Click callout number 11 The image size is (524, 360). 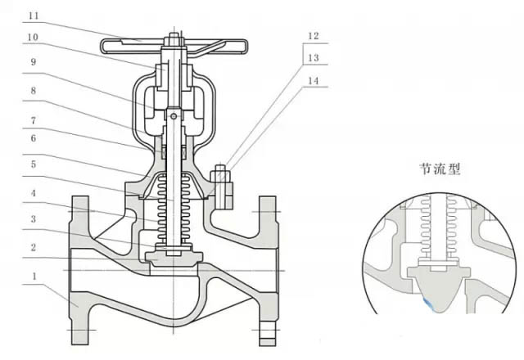pos(34,16)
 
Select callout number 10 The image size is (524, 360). pos(33,37)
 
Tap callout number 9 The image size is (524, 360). pos(33,62)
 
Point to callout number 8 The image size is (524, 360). pos(33,91)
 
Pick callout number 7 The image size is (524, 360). pos(33,120)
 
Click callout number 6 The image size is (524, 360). pos(33,138)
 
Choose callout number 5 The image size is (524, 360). pos(33,164)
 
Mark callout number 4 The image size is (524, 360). pos(33,193)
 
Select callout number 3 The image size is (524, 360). pos(33,219)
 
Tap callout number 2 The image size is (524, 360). pos(33,247)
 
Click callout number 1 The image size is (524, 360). pos(34,277)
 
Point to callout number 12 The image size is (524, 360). pos(314,36)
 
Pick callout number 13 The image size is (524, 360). pos(314,58)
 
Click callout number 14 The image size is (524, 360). pos(314,81)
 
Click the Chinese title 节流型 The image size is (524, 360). pos(440,169)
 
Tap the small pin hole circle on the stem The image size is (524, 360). pos(174,116)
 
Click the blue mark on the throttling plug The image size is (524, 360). pos(428,304)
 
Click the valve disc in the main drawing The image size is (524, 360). pos(174,259)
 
